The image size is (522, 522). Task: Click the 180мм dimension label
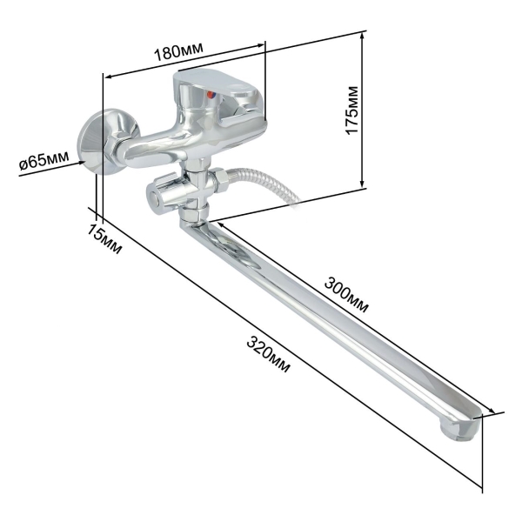(x=178, y=51)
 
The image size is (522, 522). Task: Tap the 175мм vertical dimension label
(x=351, y=110)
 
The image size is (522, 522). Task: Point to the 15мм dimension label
(x=104, y=238)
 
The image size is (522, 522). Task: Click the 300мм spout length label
(x=346, y=295)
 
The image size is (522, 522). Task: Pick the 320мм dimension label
(x=268, y=354)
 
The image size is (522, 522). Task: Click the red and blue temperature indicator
(x=211, y=95)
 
